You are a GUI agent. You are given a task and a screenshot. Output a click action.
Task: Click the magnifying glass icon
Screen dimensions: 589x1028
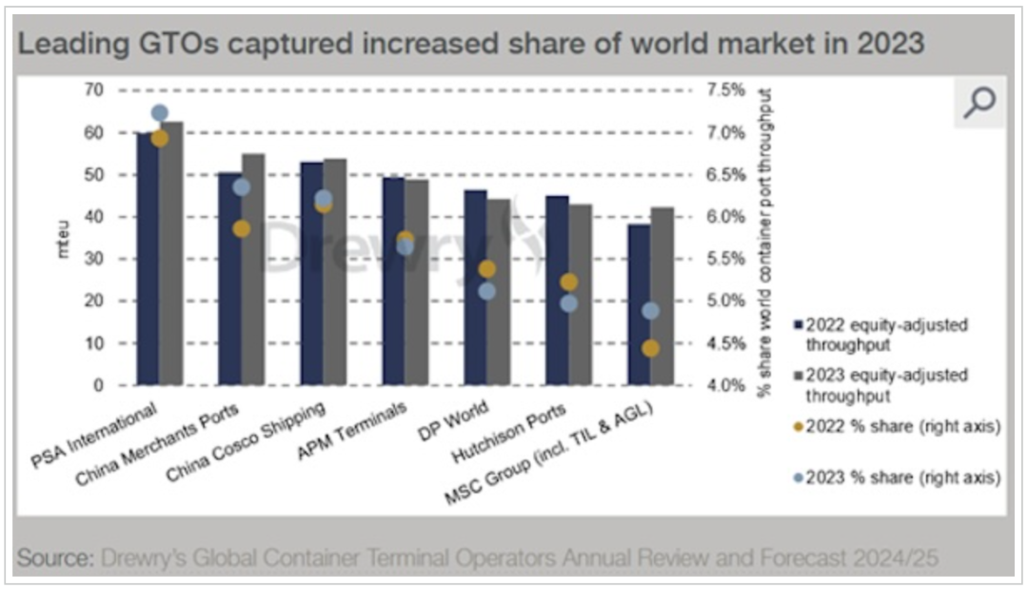pyautogui.click(x=978, y=103)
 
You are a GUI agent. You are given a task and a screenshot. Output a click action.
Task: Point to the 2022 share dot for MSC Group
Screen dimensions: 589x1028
pyautogui.click(x=650, y=348)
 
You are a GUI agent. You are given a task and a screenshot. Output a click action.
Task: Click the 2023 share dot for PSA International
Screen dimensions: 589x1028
pyautogui.click(x=160, y=113)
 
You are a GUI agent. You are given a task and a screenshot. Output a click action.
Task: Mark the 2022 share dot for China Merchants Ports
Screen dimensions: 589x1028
pyautogui.click(x=241, y=228)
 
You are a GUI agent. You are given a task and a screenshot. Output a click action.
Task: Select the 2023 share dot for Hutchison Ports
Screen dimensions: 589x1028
pyautogui.click(x=568, y=304)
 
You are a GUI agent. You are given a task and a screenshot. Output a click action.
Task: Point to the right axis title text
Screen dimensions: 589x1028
pyautogui.click(x=764, y=238)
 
